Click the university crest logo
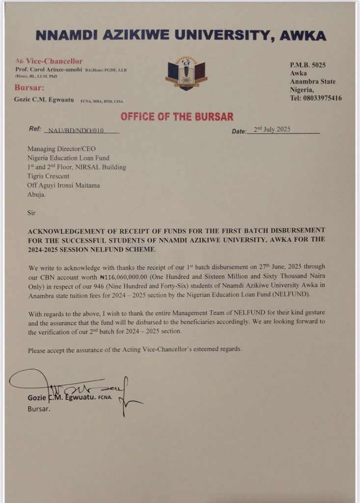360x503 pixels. point(187,74)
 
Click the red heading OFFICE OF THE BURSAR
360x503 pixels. point(177,117)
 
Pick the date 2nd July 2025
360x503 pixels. point(272,130)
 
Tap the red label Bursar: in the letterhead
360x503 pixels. point(30,87)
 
